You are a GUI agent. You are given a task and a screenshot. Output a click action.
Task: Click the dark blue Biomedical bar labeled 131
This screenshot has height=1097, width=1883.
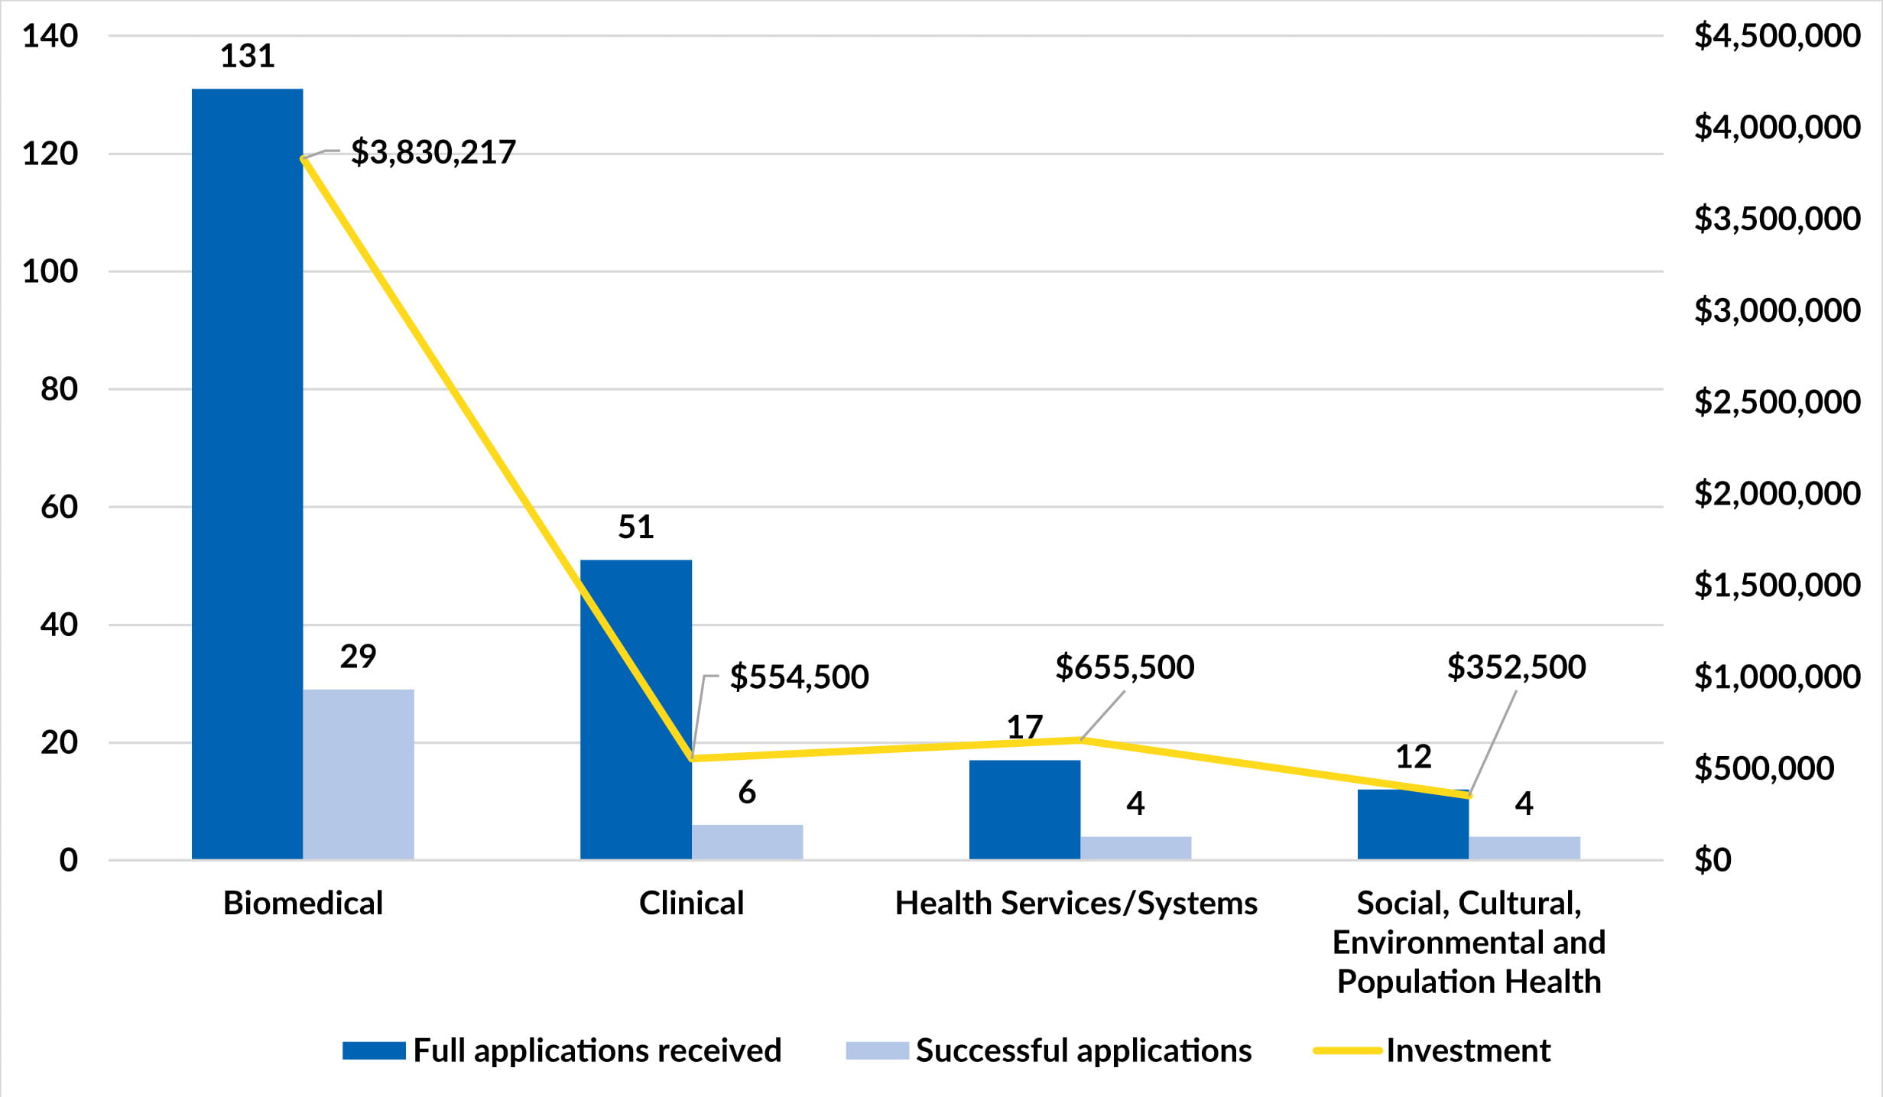[247, 474]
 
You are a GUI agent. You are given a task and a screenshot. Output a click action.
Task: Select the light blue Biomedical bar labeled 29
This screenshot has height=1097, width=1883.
[358, 774]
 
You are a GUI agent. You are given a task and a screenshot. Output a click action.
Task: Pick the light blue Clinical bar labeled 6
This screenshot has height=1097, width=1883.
[747, 842]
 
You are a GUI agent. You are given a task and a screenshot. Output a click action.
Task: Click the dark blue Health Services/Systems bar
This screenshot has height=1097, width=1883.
[1024, 810]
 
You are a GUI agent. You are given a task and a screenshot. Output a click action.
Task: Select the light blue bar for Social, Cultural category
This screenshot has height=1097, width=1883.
[1524, 848]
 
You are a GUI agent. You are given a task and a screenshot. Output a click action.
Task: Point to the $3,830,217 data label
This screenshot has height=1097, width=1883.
[433, 152]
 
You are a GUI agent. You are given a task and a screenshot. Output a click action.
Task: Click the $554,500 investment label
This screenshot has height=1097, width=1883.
[799, 677]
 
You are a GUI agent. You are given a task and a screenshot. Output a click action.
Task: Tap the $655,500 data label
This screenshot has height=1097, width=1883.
[1125, 667]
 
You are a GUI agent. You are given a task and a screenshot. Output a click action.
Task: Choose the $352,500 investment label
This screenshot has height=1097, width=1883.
[1516, 667]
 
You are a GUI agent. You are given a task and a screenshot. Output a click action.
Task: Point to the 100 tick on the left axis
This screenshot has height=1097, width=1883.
[50, 271]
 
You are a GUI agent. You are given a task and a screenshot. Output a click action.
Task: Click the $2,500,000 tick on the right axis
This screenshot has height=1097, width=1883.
[1777, 401]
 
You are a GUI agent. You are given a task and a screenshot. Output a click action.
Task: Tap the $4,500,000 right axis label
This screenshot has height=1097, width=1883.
[1777, 35]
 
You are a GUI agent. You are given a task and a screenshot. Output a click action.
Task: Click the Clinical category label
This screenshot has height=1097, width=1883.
[691, 904]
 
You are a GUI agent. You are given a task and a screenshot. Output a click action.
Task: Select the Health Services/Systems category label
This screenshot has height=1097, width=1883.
[1076, 904]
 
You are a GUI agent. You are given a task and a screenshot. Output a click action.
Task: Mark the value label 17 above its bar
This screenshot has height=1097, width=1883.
[1024, 727]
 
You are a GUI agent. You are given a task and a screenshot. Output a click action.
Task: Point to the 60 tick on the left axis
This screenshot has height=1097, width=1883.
[59, 507]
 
